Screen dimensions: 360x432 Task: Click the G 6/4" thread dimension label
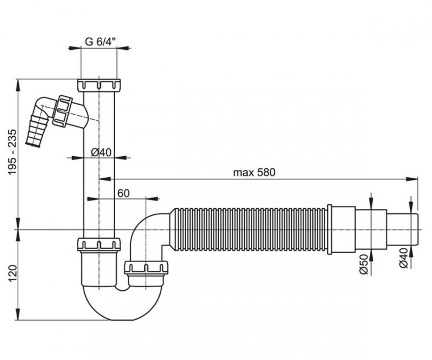pyautogui.click(x=100, y=40)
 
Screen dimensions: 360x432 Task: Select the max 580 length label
pyautogui.click(x=254, y=172)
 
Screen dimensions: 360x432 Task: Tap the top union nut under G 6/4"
pyautogui.click(x=99, y=86)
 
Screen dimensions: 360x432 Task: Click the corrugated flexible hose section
pyautogui.click(x=249, y=229)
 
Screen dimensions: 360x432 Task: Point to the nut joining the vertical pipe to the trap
pyautogui.click(x=99, y=244)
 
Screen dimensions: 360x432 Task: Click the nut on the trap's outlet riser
pyautogui.click(x=147, y=268)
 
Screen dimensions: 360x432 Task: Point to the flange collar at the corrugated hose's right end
pyautogui.click(x=330, y=229)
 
